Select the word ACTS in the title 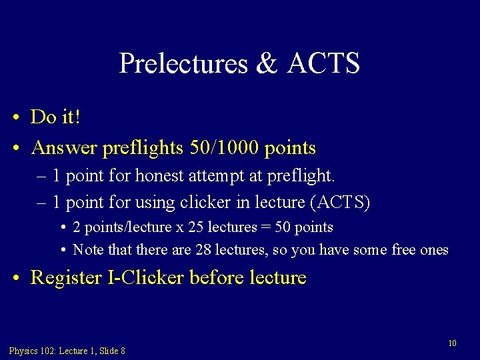tap(323, 63)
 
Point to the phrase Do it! tap(56, 117)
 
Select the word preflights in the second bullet tap(143, 148)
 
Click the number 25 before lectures tap(196, 227)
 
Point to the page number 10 tap(452, 343)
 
